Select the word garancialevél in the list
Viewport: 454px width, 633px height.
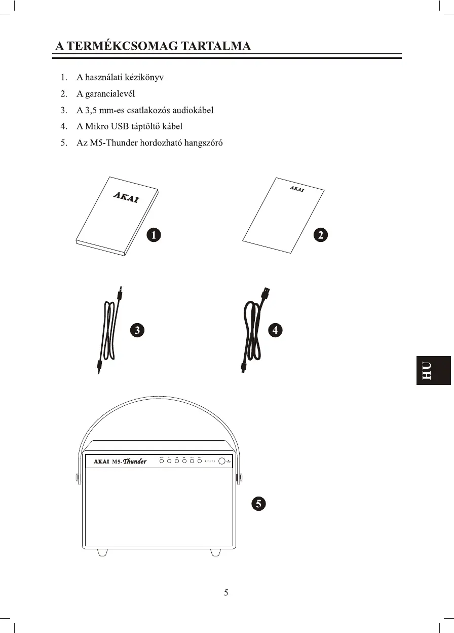(105, 94)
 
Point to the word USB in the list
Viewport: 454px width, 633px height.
(125, 126)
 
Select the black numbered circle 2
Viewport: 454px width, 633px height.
(321, 235)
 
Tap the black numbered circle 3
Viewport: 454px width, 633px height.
(137, 330)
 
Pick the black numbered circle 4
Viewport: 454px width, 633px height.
(275, 330)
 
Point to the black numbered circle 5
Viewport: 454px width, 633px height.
(258, 504)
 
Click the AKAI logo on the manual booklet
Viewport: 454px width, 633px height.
(126, 197)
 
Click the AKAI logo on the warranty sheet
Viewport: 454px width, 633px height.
(297, 189)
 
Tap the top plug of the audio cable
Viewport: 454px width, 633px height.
(120, 293)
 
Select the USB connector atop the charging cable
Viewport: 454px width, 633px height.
(267, 294)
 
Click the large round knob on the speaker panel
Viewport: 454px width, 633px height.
(222, 461)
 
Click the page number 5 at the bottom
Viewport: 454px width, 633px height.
(226, 593)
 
